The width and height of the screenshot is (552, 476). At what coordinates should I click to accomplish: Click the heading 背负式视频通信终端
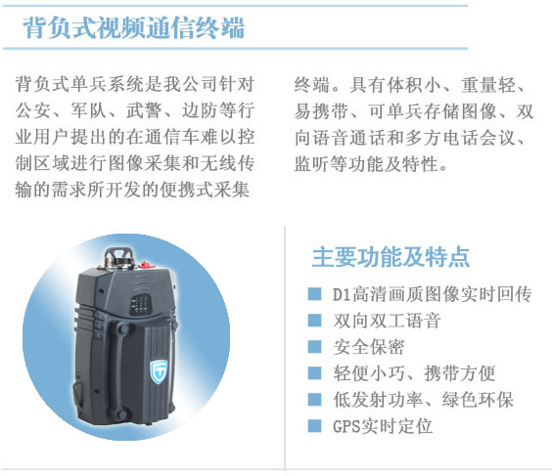pyautogui.click(x=133, y=27)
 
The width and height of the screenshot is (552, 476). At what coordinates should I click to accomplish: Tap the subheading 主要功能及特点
pyautogui.click(x=391, y=257)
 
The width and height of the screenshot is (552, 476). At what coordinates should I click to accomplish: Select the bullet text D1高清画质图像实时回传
pyautogui.click(x=433, y=294)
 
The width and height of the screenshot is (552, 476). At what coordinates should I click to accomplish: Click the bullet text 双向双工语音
pyautogui.click(x=387, y=321)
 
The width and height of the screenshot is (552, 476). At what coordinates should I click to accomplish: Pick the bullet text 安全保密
pyautogui.click(x=369, y=347)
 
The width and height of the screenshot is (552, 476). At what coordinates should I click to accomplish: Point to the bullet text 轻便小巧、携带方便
pyautogui.click(x=414, y=373)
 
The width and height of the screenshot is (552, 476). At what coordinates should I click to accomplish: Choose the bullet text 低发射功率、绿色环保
pyautogui.click(x=423, y=400)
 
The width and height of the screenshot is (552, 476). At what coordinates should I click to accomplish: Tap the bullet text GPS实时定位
pyautogui.click(x=383, y=426)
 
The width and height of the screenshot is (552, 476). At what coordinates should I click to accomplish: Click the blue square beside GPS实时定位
pyautogui.click(x=314, y=426)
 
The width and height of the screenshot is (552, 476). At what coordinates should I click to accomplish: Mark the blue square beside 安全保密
pyautogui.click(x=314, y=347)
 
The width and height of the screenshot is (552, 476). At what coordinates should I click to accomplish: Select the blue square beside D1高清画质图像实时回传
pyautogui.click(x=314, y=294)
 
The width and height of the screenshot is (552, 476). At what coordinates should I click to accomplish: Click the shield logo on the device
pyautogui.click(x=159, y=371)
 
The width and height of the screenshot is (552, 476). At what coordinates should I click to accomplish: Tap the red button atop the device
pyautogui.click(x=145, y=264)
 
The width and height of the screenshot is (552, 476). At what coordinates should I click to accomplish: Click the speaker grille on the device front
pyautogui.click(x=140, y=304)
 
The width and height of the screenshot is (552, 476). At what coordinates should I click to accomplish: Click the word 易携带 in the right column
pyautogui.click(x=321, y=111)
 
